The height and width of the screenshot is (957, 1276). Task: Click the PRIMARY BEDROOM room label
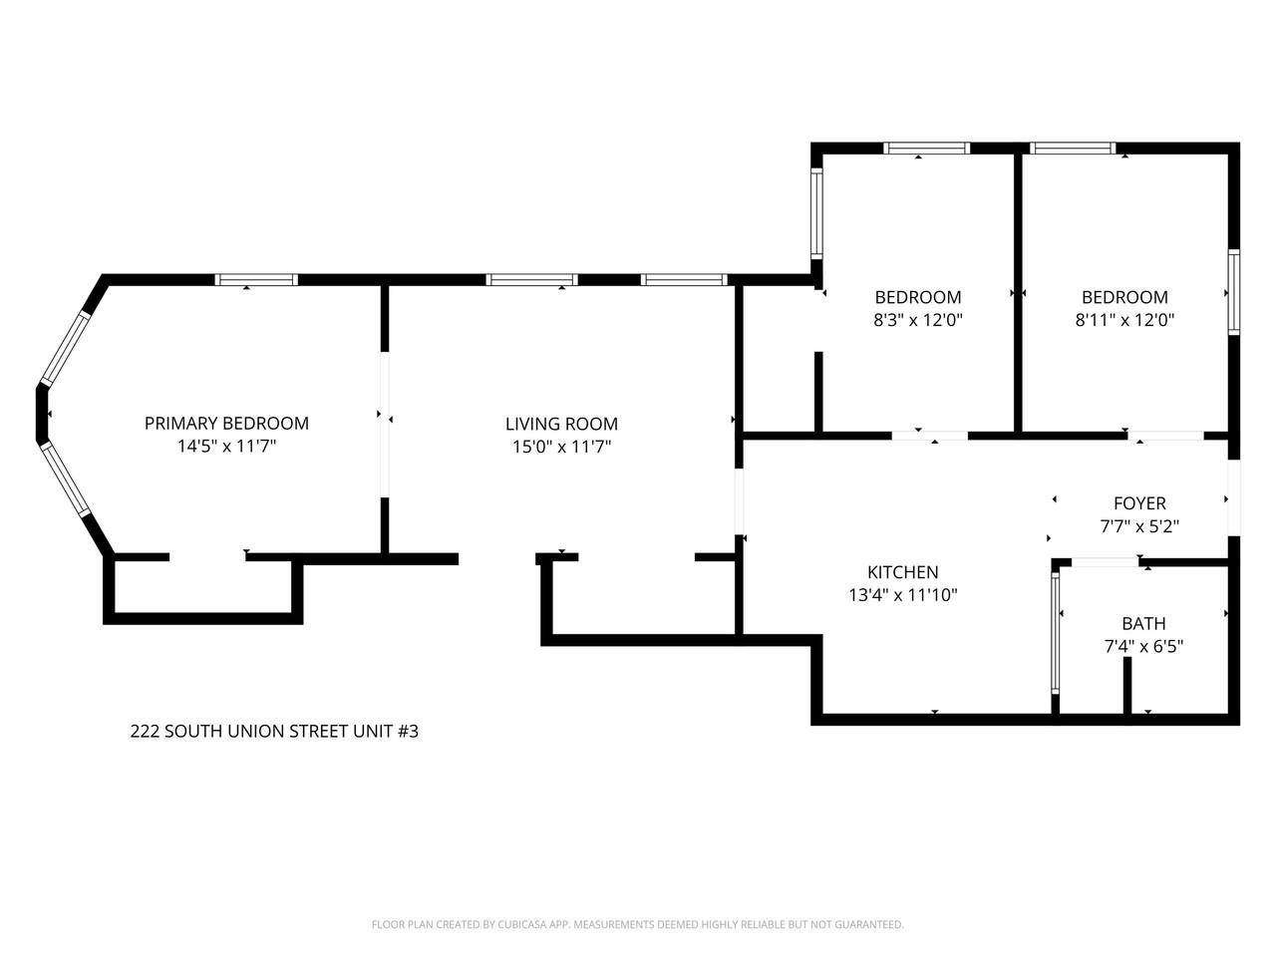tap(226, 423)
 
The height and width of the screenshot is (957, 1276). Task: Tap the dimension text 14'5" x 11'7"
tap(226, 447)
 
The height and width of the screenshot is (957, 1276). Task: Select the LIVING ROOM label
tap(561, 424)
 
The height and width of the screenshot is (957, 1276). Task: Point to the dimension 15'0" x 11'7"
tap(561, 447)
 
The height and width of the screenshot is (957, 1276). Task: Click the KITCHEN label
tap(902, 572)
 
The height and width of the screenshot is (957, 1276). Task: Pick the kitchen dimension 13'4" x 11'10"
tap(902, 595)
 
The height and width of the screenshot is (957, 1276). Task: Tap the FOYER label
tap(1138, 503)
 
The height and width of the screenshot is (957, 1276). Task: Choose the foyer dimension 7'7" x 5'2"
tap(1138, 526)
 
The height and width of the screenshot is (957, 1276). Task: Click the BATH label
tap(1143, 624)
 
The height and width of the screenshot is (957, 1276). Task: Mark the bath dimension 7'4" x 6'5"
tap(1143, 646)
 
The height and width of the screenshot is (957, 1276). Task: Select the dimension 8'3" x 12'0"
tap(917, 320)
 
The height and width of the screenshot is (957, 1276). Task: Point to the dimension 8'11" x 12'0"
tap(1124, 320)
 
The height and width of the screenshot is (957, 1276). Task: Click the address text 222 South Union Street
tap(274, 731)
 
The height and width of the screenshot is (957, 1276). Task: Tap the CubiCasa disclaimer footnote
tap(637, 924)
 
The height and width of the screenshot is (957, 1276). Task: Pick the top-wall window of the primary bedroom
tap(256, 280)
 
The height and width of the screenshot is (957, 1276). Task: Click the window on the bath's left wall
tap(1056, 634)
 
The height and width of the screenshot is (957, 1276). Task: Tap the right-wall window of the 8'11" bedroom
tap(1233, 292)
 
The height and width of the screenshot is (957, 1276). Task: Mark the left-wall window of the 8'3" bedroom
tap(816, 212)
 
